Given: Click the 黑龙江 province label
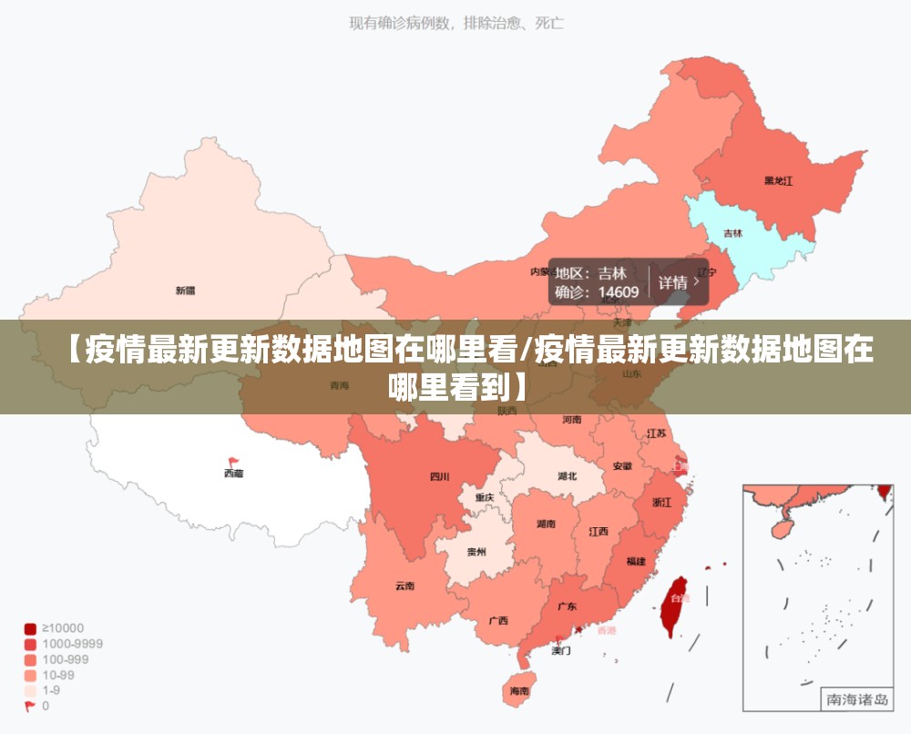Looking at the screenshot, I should pyautogui.click(x=778, y=180).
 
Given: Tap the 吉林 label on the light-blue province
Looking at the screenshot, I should pyautogui.click(x=732, y=233).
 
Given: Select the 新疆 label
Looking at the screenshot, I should pyautogui.click(x=185, y=291).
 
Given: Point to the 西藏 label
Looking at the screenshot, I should pyautogui.click(x=233, y=474).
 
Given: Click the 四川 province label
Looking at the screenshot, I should pyautogui.click(x=440, y=476).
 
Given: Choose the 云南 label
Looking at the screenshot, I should pyautogui.click(x=405, y=586).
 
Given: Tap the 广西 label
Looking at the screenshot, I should pyautogui.click(x=498, y=621).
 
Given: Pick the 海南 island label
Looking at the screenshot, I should pyautogui.click(x=519, y=691).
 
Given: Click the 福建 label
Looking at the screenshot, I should pyautogui.click(x=636, y=562).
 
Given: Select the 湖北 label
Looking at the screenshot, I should pyautogui.click(x=567, y=476).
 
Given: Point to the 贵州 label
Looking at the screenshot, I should pyautogui.click(x=476, y=552).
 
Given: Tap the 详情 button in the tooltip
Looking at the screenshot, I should pyautogui.click(x=679, y=282).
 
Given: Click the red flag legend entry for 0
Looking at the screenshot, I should pyautogui.click(x=31, y=706).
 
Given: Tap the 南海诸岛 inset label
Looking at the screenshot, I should pyautogui.click(x=856, y=699).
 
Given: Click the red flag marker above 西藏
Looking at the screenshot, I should pyautogui.click(x=233, y=461).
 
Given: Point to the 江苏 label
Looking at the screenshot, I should pyautogui.click(x=656, y=433).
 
